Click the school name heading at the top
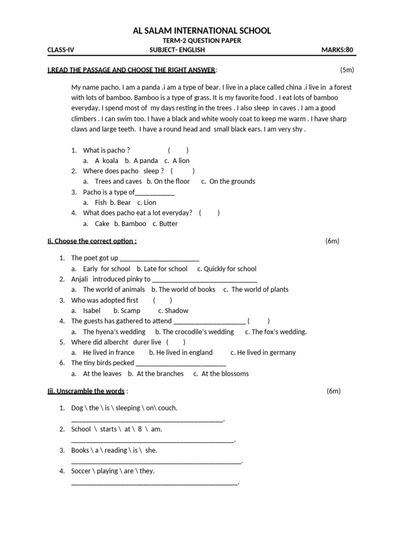203,31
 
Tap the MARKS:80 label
337,50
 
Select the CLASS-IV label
61,50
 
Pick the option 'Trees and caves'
118,181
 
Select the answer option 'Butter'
165,223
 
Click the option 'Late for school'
161,268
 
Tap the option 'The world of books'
183,289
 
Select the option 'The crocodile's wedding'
194,332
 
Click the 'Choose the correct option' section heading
92,241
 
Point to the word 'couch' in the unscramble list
168,408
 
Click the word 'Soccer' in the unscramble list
81,471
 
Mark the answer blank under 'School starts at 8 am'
153,440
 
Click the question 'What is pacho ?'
106,150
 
